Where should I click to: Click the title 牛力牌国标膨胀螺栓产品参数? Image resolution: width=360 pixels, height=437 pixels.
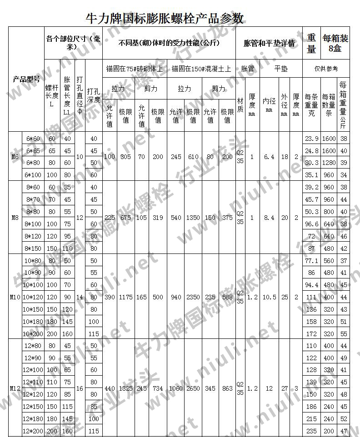[165, 18]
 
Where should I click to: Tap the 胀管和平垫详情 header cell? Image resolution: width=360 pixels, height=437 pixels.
[269, 44]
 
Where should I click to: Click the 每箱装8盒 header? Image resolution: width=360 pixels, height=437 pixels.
[335, 44]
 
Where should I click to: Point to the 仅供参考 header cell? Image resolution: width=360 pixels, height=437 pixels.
[326, 69]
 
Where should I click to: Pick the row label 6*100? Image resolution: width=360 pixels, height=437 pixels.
[33, 175]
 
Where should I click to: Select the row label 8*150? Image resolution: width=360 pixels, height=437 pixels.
[33, 248]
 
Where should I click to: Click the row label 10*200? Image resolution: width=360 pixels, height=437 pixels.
[33, 334]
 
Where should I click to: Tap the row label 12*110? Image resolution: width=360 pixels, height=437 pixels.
[33, 382]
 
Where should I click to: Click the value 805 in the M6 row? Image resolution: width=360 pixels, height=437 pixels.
[125, 157]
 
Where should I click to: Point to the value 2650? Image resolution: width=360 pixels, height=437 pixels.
[193, 389]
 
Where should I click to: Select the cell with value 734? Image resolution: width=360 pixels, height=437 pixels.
[158, 389]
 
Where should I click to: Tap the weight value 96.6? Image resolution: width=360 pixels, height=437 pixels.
[311, 224]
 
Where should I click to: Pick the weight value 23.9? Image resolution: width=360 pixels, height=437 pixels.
[311, 139]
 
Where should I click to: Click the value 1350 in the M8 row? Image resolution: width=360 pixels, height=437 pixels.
[193, 218]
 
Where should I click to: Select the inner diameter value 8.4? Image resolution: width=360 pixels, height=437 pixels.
[270, 218]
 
